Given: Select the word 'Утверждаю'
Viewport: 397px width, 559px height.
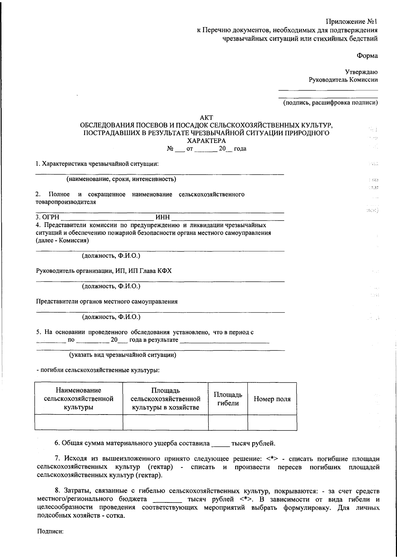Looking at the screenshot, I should [361, 72].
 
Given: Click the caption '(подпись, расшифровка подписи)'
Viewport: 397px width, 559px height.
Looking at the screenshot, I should [330, 102].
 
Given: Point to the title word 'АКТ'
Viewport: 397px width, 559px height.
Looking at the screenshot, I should [207, 118].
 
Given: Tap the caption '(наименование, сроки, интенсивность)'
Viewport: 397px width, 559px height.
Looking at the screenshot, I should [121, 180].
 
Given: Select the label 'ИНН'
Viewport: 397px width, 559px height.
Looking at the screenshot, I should [162, 218].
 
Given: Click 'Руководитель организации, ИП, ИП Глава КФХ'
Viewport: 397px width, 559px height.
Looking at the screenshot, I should [104, 271].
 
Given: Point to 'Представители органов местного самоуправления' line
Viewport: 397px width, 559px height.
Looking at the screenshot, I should [107, 301].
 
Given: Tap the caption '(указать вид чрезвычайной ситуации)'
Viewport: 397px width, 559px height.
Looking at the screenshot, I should [122, 355].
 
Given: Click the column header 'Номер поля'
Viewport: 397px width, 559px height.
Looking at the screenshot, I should [272, 399].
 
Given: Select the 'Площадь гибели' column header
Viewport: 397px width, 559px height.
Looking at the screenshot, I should [228, 399].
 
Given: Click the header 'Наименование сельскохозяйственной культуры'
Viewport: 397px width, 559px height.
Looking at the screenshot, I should [78, 399].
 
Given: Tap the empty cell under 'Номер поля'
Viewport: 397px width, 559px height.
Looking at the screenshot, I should [272, 422].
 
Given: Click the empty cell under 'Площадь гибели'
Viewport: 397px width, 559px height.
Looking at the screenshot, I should [228, 422].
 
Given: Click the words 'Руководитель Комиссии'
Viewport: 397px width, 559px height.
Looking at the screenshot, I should [343, 80].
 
